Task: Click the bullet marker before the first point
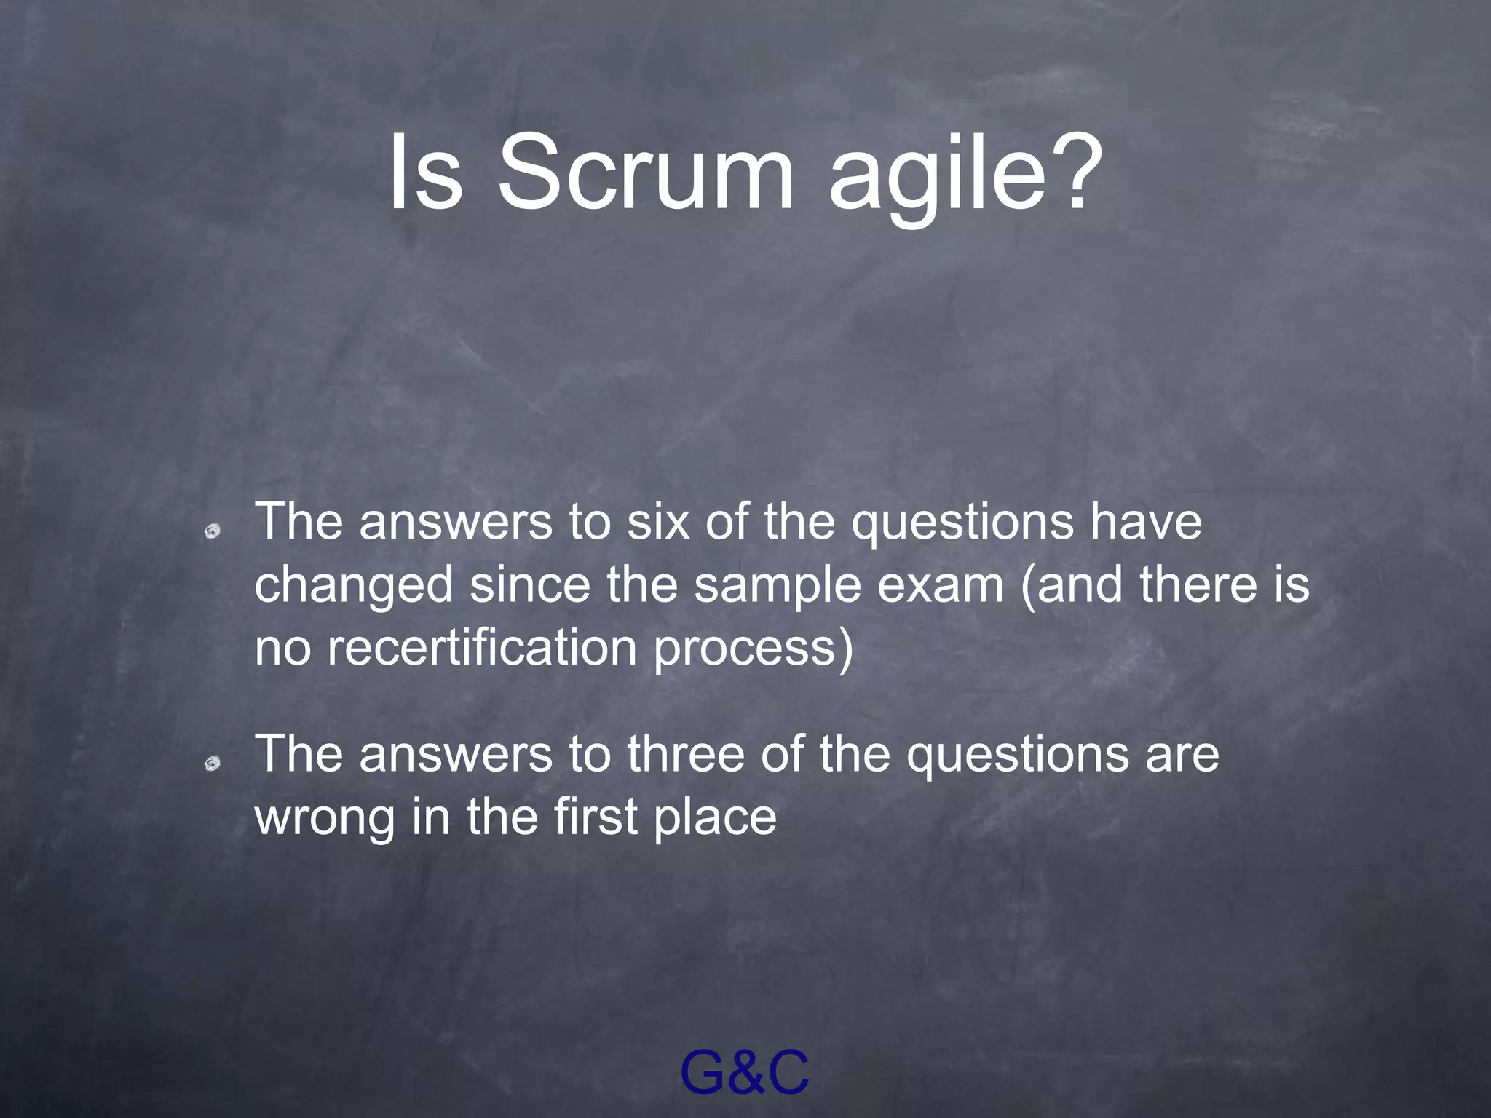212,532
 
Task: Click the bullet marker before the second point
212,764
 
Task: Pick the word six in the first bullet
658,522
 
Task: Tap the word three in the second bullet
686,753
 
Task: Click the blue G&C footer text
744,1073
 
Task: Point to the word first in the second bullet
596,816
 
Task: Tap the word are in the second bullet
1182,755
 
